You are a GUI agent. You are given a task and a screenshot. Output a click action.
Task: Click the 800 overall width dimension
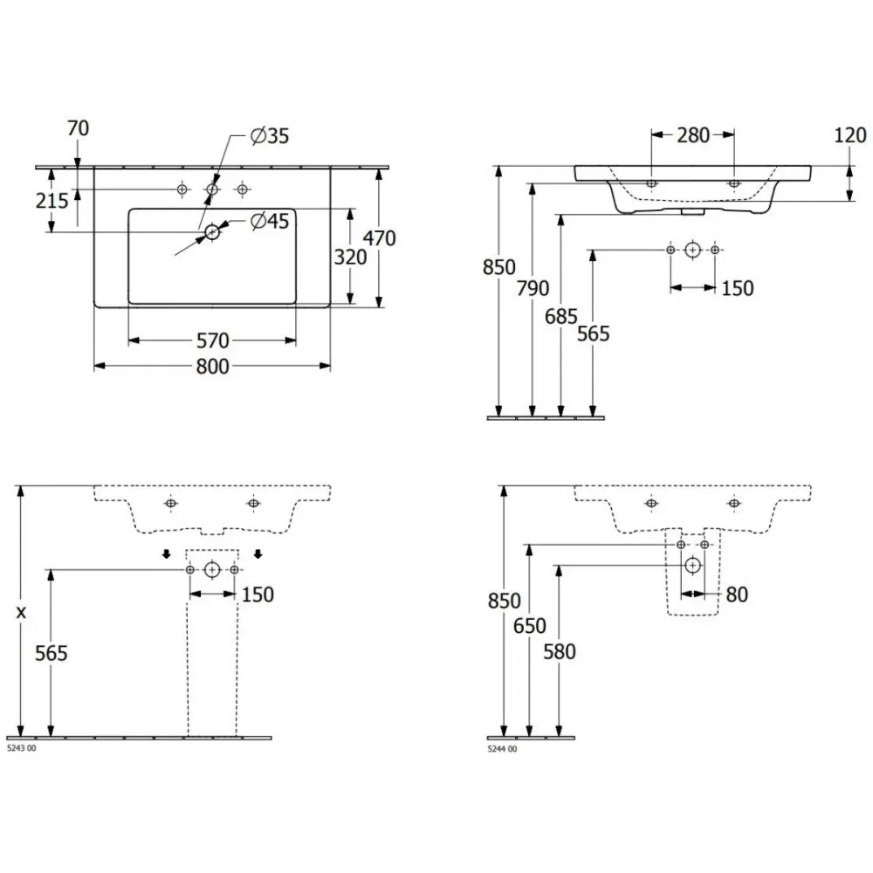tap(213, 367)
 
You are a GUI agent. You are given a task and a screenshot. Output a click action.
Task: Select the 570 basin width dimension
tap(213, 340)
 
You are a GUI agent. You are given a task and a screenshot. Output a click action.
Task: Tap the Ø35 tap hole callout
tap(270, 136)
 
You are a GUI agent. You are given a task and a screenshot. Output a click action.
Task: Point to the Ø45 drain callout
tap(270, 221)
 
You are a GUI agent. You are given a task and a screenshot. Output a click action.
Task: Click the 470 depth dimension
tap(379, 238)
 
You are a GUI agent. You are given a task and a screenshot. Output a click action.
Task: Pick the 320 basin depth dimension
tap(350, 258)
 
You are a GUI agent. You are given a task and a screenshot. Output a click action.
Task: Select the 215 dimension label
tap(52, 201)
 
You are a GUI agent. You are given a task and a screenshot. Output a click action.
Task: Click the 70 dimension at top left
tap(78, 128)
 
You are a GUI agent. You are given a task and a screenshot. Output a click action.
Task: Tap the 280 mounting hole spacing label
tap(693, 135)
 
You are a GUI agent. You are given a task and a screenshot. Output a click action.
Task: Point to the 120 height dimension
tap(850, 135)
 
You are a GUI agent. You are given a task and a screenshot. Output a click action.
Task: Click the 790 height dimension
tap(533, 288)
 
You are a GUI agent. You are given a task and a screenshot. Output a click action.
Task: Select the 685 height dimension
tap(561, 317)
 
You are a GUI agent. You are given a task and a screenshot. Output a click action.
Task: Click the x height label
tap(21, 613)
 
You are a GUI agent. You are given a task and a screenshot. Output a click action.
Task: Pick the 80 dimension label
tap(737, 595)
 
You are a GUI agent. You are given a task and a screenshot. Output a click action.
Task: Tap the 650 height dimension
tap(530, 626)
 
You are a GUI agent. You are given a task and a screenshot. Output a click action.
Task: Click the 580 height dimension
tap(560, 652)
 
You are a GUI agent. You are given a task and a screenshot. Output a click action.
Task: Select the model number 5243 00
tap(21, 748)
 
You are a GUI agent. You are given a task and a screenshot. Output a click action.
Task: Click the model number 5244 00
tap(502, 749)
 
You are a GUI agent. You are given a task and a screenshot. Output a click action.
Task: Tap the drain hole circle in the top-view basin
tap(212, 231)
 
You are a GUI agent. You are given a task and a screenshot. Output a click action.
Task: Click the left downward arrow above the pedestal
tap(167, 554)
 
